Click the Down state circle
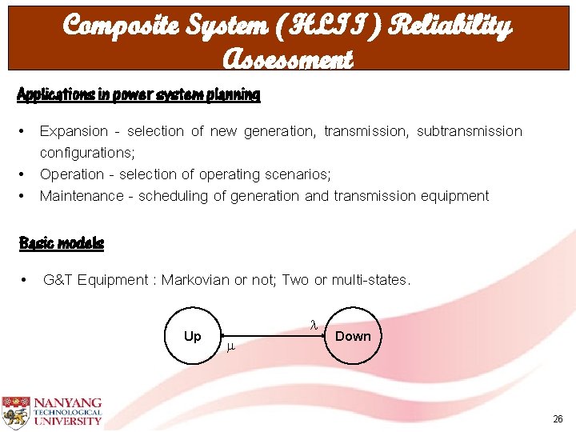pos(353,336)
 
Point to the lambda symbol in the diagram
pos(314,325)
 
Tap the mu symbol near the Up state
pos(230,347)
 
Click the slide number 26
pos(558,418)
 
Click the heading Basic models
pos(62,242)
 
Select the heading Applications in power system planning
pos(138,94)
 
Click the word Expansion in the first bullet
pos(74,131)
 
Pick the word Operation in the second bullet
pos(72,174)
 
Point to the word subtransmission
pos(470,131)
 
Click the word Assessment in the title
pos(287,58)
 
